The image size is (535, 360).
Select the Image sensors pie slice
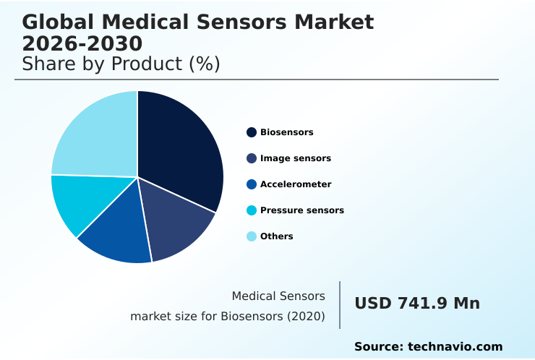pos(177,220)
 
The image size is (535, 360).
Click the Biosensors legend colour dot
pos(252,132)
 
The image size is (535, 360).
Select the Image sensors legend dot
pos(252,158)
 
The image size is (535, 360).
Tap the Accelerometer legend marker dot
pos(252,184)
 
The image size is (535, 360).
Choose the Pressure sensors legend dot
pos(252,210)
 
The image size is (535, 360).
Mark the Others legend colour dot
pos(252,236)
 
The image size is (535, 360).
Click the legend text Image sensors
pos(296,158)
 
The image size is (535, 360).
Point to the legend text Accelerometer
pos(296,184)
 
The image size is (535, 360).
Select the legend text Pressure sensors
pos(302,210)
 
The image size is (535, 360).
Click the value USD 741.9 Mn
pos(417,304)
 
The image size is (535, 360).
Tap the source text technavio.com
pos(455,347)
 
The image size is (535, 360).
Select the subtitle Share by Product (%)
pos(121,64)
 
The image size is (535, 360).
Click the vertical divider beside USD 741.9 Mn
pos(340,304)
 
